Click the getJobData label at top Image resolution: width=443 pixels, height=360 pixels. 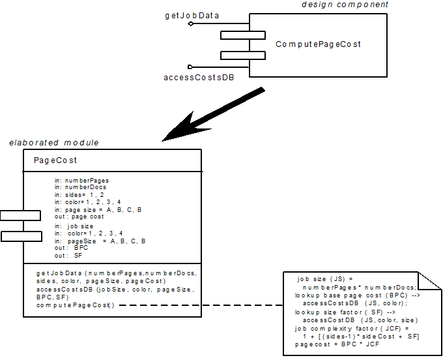(x=192, y=14)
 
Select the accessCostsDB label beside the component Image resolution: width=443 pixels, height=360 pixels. (x=198, y=78)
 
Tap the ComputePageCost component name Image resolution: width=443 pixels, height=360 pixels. (x=318, y=44)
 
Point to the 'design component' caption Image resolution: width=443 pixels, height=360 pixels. (x=345, y=5)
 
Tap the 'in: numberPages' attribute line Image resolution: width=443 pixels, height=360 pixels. (x=81, y=181)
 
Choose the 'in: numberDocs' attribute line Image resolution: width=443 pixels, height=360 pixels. (x=80, y=188)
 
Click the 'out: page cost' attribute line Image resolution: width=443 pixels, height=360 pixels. (x=79, y=217)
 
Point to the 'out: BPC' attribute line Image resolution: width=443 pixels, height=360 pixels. (x=71, y=248)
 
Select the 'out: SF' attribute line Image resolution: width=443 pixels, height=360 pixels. (x=69, y=256)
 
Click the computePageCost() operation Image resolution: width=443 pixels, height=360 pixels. (x=75, y=305)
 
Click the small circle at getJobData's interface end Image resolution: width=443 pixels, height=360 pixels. (x=190, y=23)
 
